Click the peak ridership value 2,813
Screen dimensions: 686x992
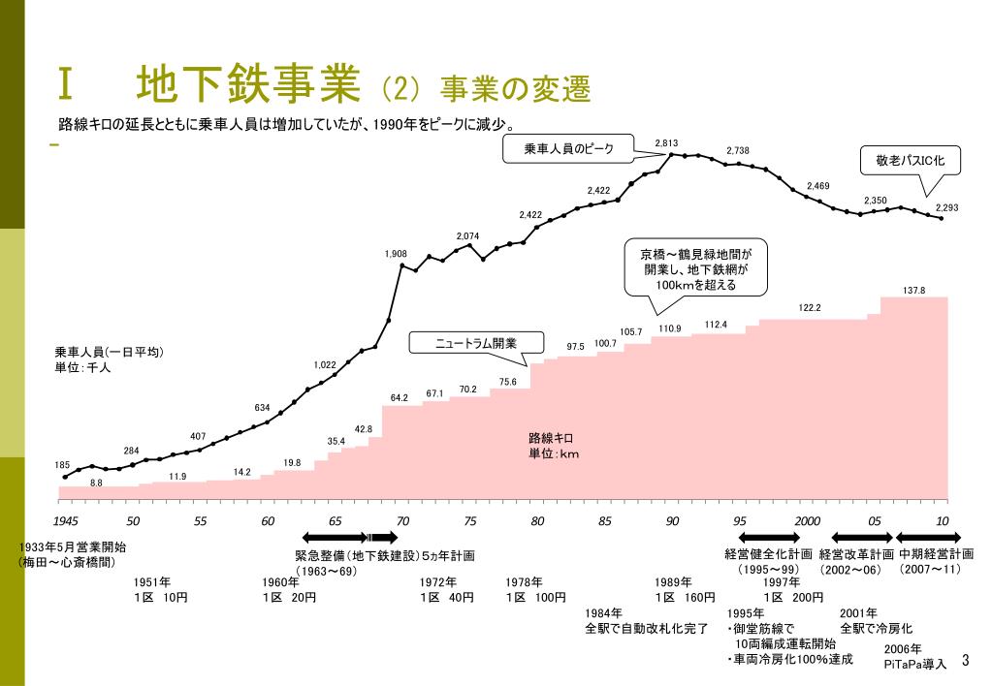[x=665, y=143]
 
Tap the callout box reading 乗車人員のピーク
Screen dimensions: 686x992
[x=568, y=149]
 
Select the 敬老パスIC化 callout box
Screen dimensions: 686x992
[x=911, y=160]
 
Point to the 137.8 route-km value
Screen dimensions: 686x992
[x=913, y=291]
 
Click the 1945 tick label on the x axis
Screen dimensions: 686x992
[x=66, y=521]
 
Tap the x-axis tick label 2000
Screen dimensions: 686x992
[x=807, y=521]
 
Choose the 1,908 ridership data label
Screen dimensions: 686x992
[x=396, y=254]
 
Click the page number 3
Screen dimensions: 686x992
[x=965, y=661]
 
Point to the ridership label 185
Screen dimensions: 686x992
[x=62, y=465]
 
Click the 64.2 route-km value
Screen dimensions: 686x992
[x=400, y=398]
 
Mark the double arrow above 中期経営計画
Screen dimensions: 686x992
[x=928, y=538]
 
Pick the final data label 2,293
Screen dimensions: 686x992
[x=946, y=208]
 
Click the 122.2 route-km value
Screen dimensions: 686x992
[x=810, y=307]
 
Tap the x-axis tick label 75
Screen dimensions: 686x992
[x=470, y=521]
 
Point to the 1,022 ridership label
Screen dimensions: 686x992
[x=325, y=365]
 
